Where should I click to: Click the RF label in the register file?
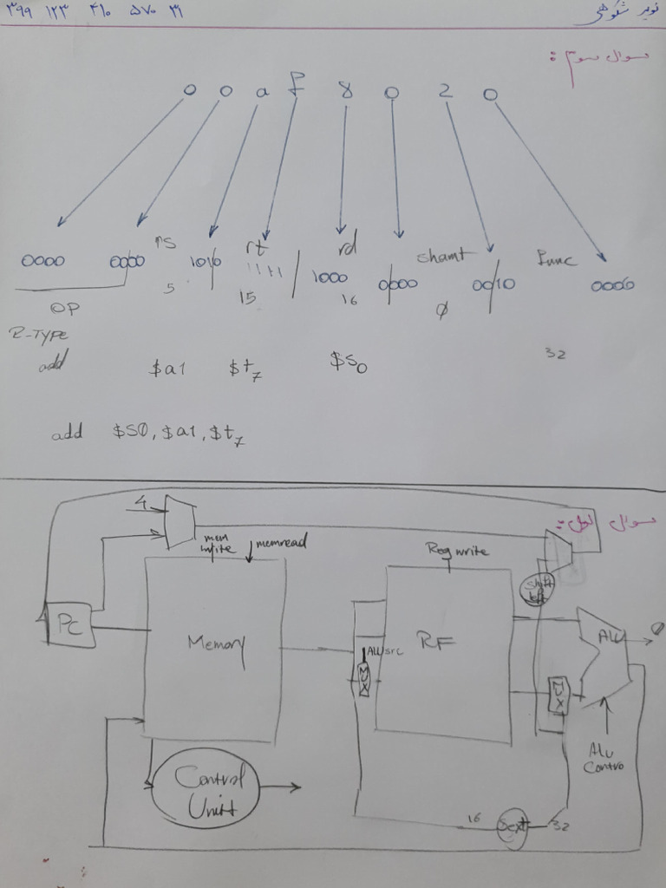click(x=441, y=642)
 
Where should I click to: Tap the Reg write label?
click(x=457, y=550)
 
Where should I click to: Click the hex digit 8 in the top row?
click(x=346, y=89)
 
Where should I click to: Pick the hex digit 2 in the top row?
click(x=444, y=91)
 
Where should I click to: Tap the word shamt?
click(x=441, y=256)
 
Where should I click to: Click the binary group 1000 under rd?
click(x=330, y=278)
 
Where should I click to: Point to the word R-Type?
click(x=38, y=333)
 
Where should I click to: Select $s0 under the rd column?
click(x=349, y=362)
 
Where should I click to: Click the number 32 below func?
click(x=555, y=353)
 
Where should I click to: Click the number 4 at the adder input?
click(x=140, y=501)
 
